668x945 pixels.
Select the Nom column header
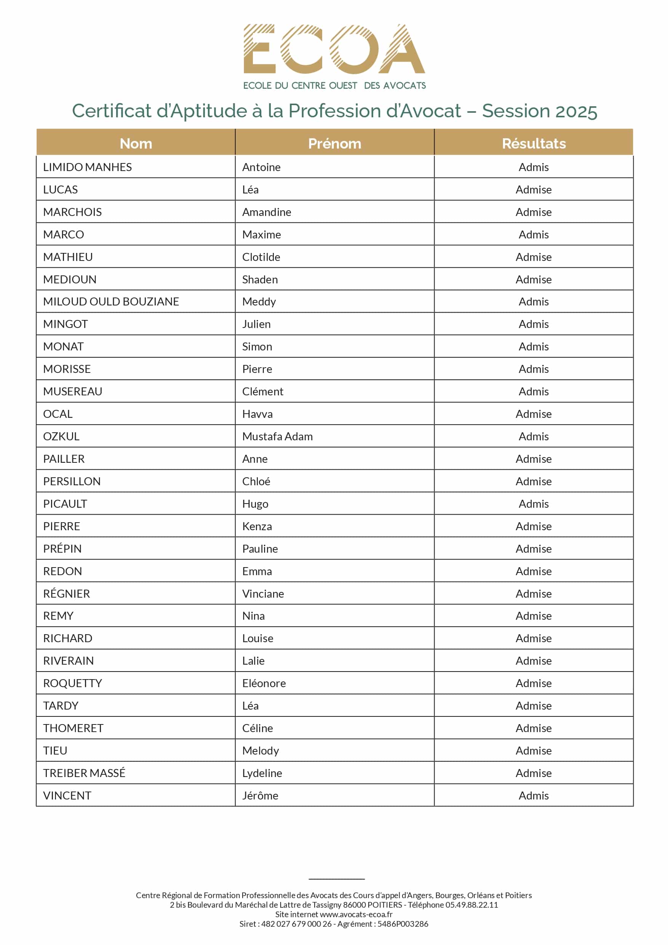click(136, 143)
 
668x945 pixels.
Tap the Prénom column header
click(335, 143)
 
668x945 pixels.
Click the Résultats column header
click(534, 143)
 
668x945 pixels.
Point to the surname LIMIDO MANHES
click(87, 167)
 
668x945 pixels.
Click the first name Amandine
click(266, 212)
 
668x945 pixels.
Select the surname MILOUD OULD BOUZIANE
click(111, 302)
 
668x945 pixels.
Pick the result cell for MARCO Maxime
click(534, 235)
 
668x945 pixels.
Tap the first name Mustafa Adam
click(277, 436)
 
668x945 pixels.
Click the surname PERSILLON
click(72, 481)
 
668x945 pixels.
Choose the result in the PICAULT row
click(534, 504)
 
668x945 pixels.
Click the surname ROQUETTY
click(72, 683)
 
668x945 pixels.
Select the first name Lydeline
click(262, 773)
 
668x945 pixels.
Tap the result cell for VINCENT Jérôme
click(534, 796)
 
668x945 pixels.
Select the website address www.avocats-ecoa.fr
click(356, 914)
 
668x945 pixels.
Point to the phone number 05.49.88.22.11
click(471, 905)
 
